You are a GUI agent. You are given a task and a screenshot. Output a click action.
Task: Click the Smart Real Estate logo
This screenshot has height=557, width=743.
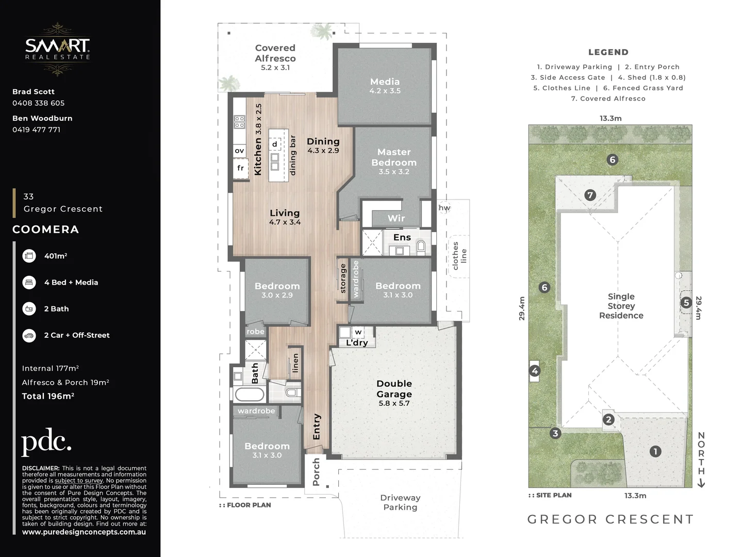click(x=58, y=48)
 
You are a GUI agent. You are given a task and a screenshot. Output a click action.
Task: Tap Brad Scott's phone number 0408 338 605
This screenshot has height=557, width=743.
click(x=39, y=103)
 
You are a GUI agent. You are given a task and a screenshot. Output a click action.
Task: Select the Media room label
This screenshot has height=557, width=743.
click(x=385, y=86)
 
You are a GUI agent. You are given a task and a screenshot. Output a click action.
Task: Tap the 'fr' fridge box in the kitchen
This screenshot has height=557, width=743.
click(x=240, y=168)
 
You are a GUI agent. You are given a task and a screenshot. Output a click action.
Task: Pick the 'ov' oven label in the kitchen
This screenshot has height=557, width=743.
click(x=239, y=151)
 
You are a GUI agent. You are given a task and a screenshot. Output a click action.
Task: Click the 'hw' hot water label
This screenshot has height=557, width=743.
click(x=444, y=208)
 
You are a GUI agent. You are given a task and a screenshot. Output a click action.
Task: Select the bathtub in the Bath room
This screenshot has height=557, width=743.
click(x=250, y=395)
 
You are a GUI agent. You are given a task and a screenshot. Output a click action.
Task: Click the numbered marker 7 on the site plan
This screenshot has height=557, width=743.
click(x=590, y=195)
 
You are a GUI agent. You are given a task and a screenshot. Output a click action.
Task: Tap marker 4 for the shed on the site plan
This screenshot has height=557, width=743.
click(x=535, y=371)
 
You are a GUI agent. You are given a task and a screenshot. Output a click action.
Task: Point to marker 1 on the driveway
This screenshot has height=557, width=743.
click(x=655, y=451)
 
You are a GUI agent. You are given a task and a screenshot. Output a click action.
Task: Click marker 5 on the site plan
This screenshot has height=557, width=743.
click(x=686, y=303)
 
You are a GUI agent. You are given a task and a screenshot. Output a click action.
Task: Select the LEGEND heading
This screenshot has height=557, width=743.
click(x=608, y=52)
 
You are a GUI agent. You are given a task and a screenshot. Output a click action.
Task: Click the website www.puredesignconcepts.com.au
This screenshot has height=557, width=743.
click(x=84, y=532)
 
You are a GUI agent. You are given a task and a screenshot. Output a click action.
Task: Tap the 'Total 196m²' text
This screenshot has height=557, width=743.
click(x=48, y=396)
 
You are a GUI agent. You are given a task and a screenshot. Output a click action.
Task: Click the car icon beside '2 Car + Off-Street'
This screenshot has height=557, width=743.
click(x=29, y=335)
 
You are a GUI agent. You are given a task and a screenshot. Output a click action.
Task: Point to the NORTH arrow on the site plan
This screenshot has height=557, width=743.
click(x=701, y=459)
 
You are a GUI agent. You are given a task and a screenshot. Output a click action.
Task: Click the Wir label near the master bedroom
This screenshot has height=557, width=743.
click(x=396, y=218)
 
